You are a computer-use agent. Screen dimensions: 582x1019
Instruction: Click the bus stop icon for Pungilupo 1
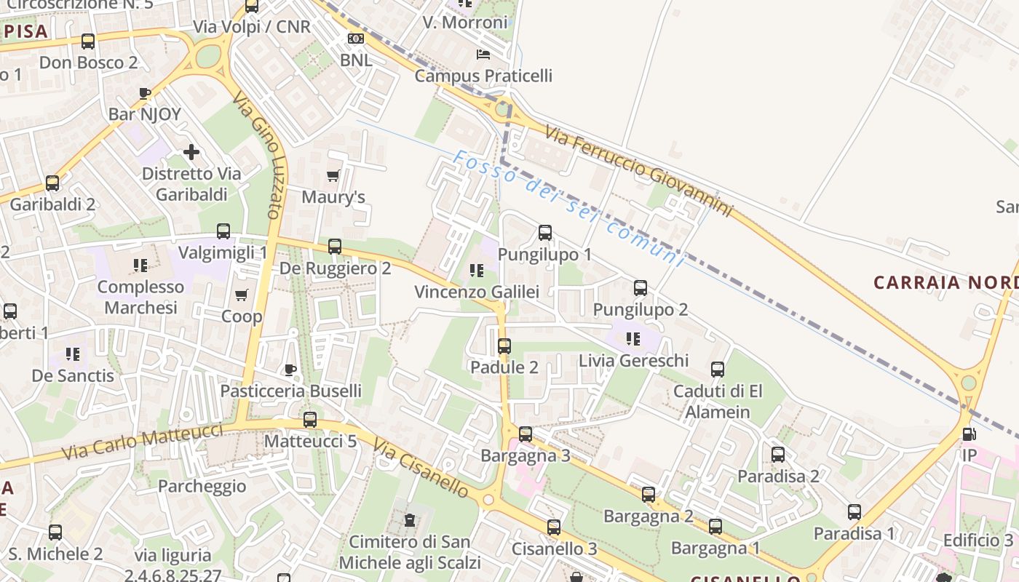click(545, 233)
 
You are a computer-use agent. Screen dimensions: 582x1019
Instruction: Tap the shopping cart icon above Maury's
click(333, 175)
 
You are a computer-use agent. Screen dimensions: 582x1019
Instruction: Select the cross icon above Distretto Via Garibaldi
click(191, 152)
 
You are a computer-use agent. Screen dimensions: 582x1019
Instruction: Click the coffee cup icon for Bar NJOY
click(145, 93)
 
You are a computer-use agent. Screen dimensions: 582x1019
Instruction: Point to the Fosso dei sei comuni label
click(568, 209)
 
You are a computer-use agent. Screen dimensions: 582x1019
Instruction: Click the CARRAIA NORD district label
click(945, 282)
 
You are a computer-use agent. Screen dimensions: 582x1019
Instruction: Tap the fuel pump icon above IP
click(969, 434)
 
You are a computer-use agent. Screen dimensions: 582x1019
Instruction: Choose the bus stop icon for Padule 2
click(504, 346)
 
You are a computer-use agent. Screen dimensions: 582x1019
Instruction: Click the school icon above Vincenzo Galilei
click(477, 271)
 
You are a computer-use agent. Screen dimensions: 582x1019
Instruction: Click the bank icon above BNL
click(356, 39)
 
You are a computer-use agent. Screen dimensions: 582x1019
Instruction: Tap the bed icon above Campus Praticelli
click(483, 54)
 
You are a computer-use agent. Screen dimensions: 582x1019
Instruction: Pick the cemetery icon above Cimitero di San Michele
click(410, 520)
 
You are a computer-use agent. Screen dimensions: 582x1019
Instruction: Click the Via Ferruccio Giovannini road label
click(638, 172)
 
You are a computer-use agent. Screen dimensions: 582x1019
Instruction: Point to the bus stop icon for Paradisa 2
click(778, 455)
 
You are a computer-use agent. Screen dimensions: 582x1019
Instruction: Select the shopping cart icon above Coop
click(241, 295)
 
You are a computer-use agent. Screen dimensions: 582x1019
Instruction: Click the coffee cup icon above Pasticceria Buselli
click(290, 370)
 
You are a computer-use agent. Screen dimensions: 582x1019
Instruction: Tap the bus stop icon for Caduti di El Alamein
click(718, 370)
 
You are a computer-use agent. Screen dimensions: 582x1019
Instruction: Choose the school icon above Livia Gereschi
click(633, 338)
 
